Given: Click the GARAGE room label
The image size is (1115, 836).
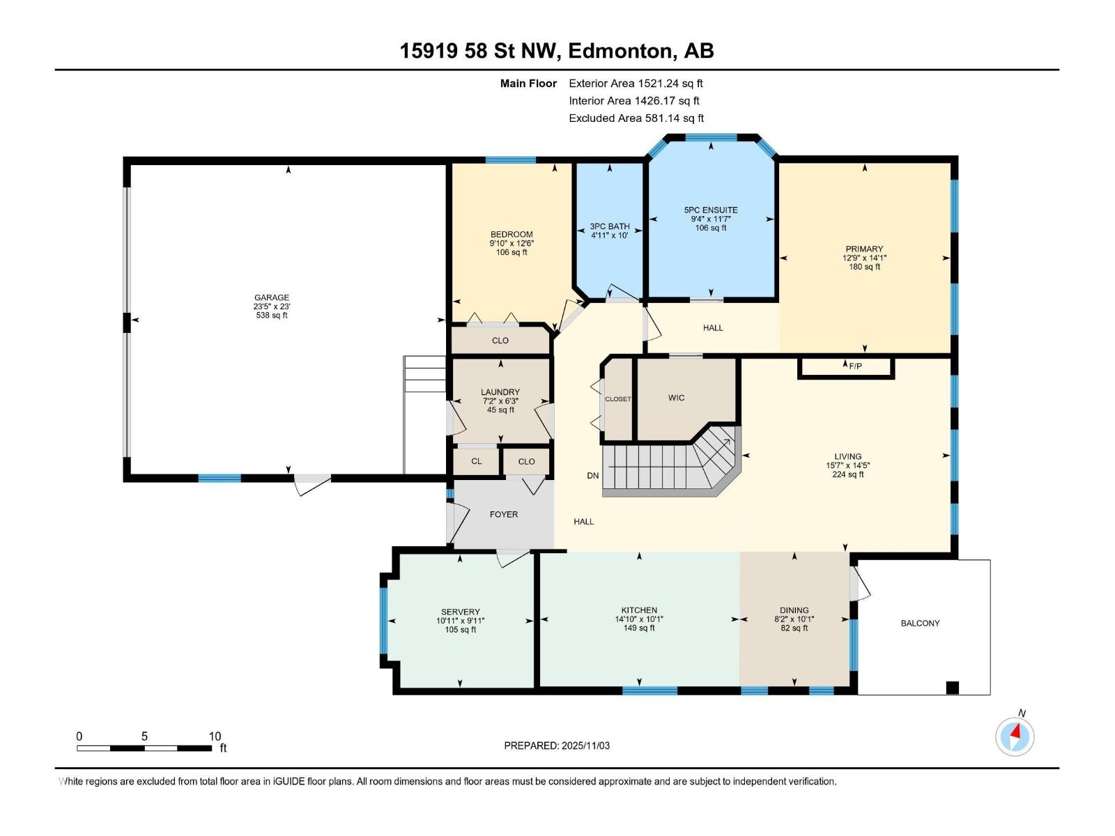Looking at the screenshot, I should tap(271, 297).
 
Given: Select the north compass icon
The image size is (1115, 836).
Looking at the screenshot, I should tap(1015, 736).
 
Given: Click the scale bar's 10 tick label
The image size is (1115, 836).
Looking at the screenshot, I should tap(215, 736).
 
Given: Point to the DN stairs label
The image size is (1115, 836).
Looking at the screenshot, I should tap(592, 476).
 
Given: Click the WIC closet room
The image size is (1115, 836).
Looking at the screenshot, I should tap(676, 398).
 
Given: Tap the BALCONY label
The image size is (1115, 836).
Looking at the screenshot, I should tap(920, 624).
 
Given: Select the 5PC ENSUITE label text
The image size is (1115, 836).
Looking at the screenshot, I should tap(711, 210).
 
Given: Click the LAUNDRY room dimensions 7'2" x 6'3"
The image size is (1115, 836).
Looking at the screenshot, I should tap(500, 401).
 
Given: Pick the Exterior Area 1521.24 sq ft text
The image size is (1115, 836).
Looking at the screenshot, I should tap(636, 83).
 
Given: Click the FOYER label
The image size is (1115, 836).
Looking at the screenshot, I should tap(503, 514).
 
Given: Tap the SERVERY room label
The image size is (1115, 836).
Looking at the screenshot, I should tap(460, 612).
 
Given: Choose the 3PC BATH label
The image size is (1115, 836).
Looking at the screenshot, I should tap(610, 226).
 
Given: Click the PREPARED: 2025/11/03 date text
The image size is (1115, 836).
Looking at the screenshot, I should tap(557, 745).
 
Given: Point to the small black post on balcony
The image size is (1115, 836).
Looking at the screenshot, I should tap(952, 688).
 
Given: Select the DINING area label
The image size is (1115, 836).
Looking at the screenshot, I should tap(794, 610).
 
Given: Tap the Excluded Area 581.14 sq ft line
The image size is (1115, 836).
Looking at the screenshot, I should tap(636, 118).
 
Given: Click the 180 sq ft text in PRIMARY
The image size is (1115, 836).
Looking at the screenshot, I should tap(864, 267).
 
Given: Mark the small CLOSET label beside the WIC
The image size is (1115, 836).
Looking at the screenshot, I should tap(617, 399).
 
